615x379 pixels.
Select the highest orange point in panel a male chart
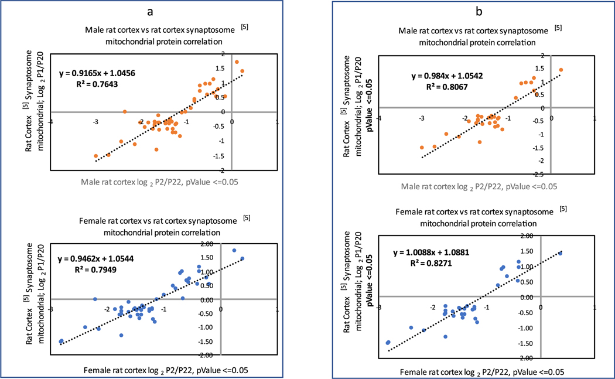pos(237,62)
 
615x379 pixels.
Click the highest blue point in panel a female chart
pos(234,251)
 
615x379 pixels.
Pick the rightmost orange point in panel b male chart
pos(561,70)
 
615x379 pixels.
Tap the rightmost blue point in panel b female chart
pos(560,253)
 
